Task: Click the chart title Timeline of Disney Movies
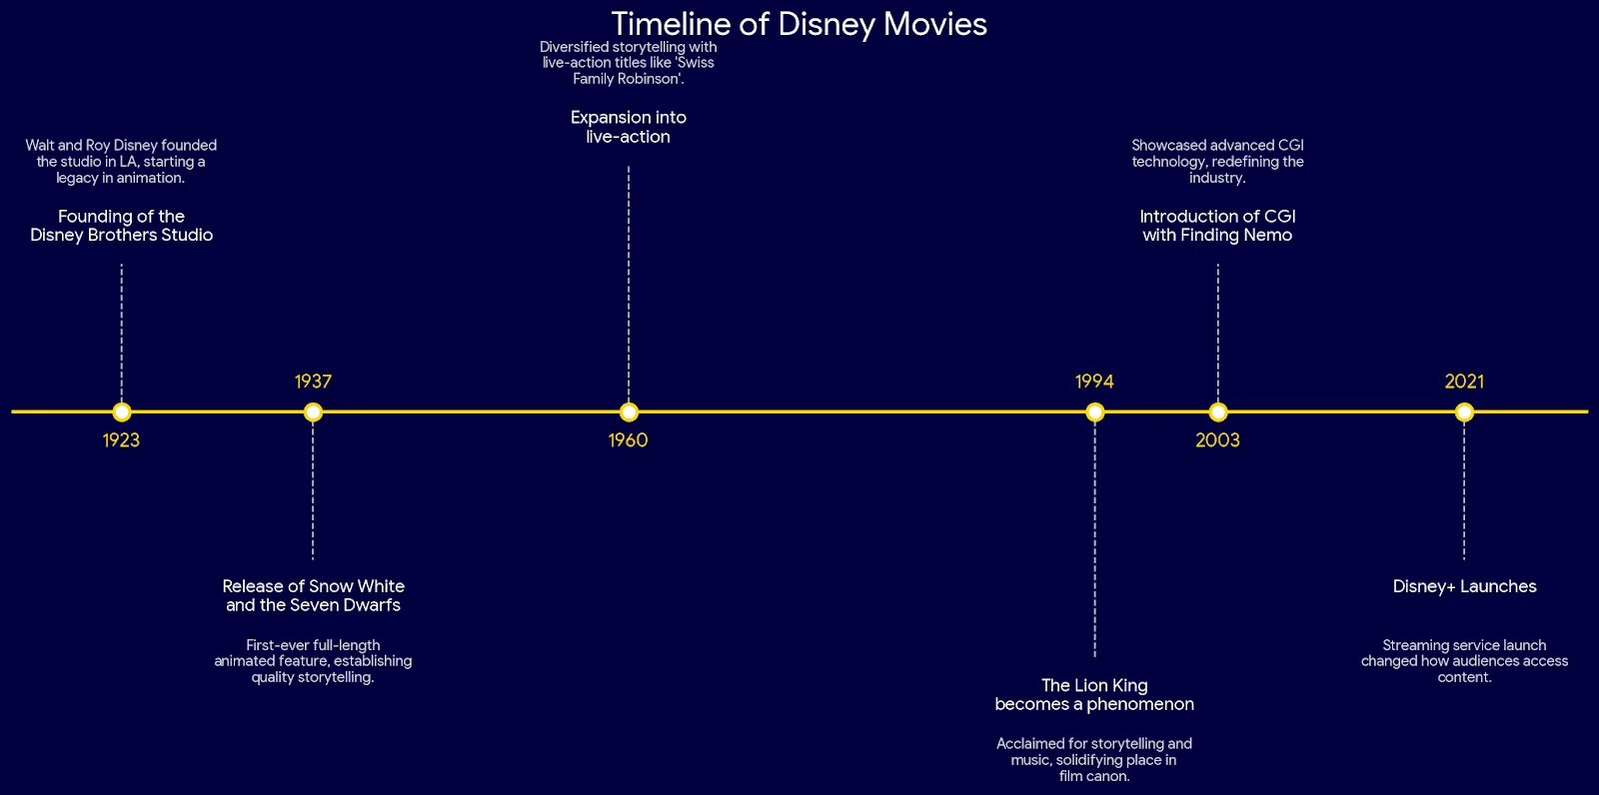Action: [799, 24]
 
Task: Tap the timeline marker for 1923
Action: [121, 411]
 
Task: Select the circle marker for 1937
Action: [313, 411]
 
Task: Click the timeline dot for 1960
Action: [629, 411]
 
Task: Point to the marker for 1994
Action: [1094, 411]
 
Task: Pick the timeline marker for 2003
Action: [1218, 411]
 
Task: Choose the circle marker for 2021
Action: [1464, 411]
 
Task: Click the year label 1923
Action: [121, 440]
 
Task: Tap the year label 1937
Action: [313, 382]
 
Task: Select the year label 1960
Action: [629, 440]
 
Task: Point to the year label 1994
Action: [1094, 382]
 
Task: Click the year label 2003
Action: [1218, 440]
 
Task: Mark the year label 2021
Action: [1464, 382]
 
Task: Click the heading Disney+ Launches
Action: [1464, 586]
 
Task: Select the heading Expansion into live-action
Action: [629, 127]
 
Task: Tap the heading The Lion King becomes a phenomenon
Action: [1094, 695]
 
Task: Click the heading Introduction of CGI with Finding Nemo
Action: [1218, 226]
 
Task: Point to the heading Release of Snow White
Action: [314, 586]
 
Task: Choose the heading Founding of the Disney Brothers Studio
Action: [121, 226]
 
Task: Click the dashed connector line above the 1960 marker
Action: [629, 284]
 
